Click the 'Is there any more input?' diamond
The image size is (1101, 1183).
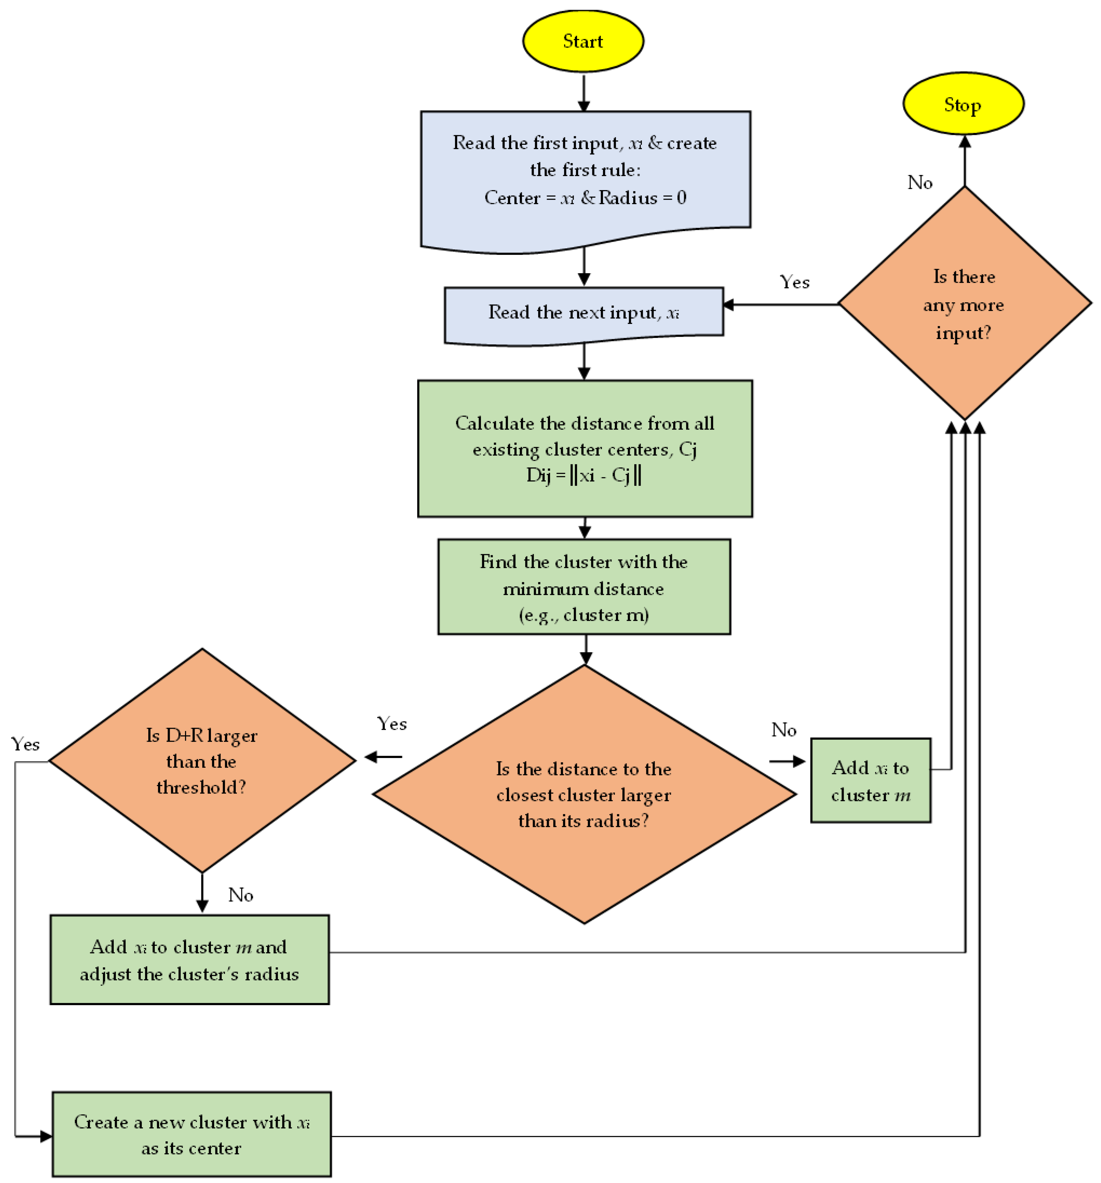963,304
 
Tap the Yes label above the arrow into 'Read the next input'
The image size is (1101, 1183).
794,282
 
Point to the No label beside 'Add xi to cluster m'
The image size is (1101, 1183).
784,730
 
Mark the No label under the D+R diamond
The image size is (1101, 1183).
240,895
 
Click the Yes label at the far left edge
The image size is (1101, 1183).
25,744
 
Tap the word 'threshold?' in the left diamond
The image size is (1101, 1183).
201,787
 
